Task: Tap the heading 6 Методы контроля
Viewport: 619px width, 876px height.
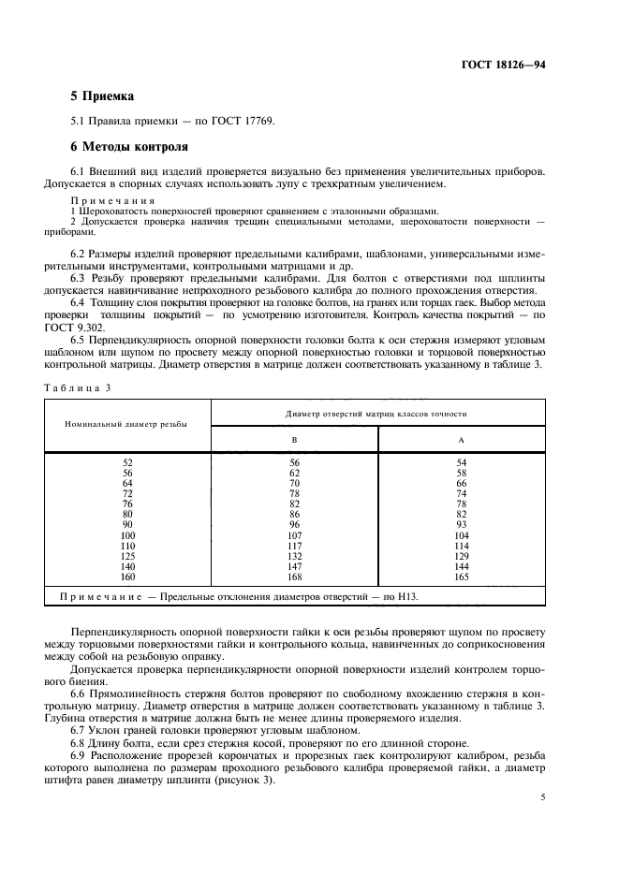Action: (129, 147)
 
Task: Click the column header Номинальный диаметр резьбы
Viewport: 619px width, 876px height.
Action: (125, 424)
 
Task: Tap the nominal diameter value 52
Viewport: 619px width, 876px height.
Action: (128, 462)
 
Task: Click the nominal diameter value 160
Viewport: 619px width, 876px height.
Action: (128, 577)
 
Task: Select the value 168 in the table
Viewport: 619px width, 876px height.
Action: (294, 577)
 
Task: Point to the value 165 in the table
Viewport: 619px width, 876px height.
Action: (461, 577)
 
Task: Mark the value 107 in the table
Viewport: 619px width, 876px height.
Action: (294, 535)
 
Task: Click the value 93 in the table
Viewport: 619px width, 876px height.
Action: (461, 525)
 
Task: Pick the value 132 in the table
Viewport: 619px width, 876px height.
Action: (294, 556)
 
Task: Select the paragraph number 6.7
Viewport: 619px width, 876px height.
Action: (80, 729)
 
